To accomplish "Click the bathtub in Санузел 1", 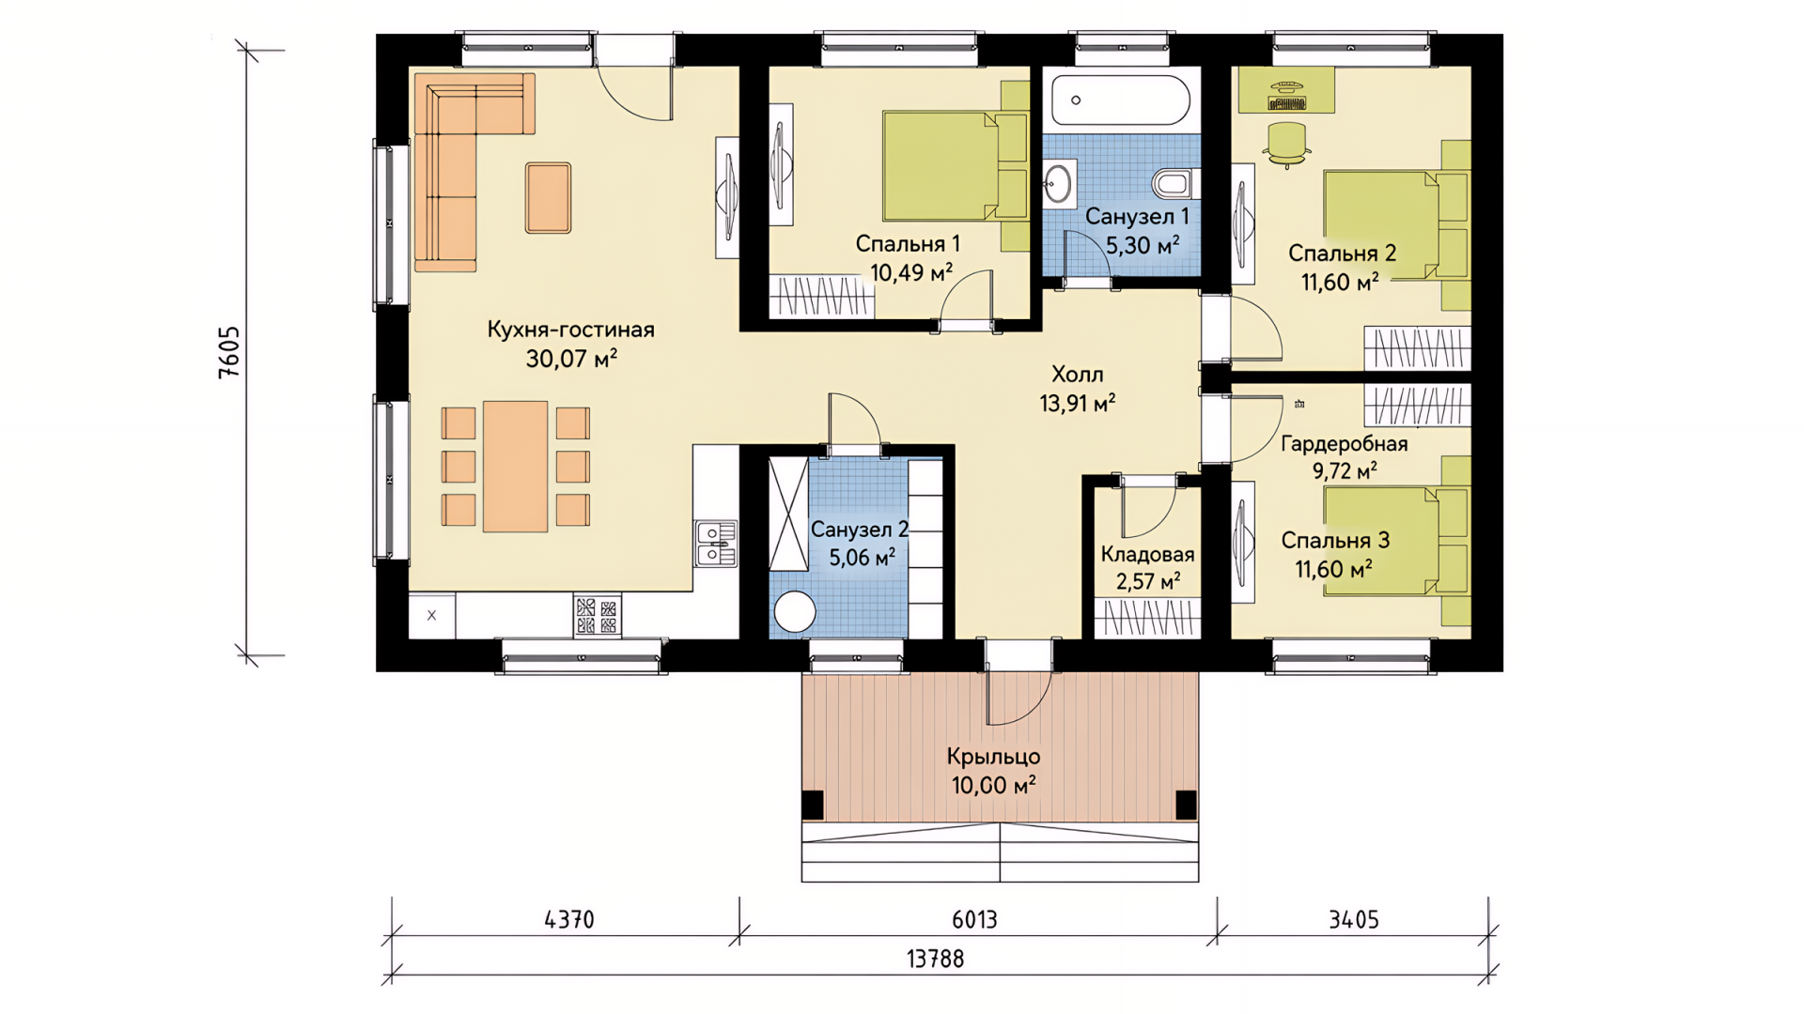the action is coord(1121,100).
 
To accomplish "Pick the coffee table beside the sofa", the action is coord(548,197).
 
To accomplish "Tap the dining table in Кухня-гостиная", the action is coord(515,467).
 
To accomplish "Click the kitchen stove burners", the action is coord(597,616).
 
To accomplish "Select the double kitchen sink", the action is coord(715,544).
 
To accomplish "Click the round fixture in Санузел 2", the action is coord(794,613).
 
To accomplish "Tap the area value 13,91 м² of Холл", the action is coord(1077,403).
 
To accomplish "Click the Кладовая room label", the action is coord(1147,554).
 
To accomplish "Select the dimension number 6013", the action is coord(974,919).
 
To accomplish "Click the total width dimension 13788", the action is coord(935,959).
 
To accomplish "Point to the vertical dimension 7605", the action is coord(229,352).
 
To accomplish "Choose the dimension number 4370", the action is coord(569,919).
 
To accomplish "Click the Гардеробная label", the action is coord(1344,443).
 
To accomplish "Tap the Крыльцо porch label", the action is coord(993,756).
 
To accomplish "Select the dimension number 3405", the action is coord(1353,919).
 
